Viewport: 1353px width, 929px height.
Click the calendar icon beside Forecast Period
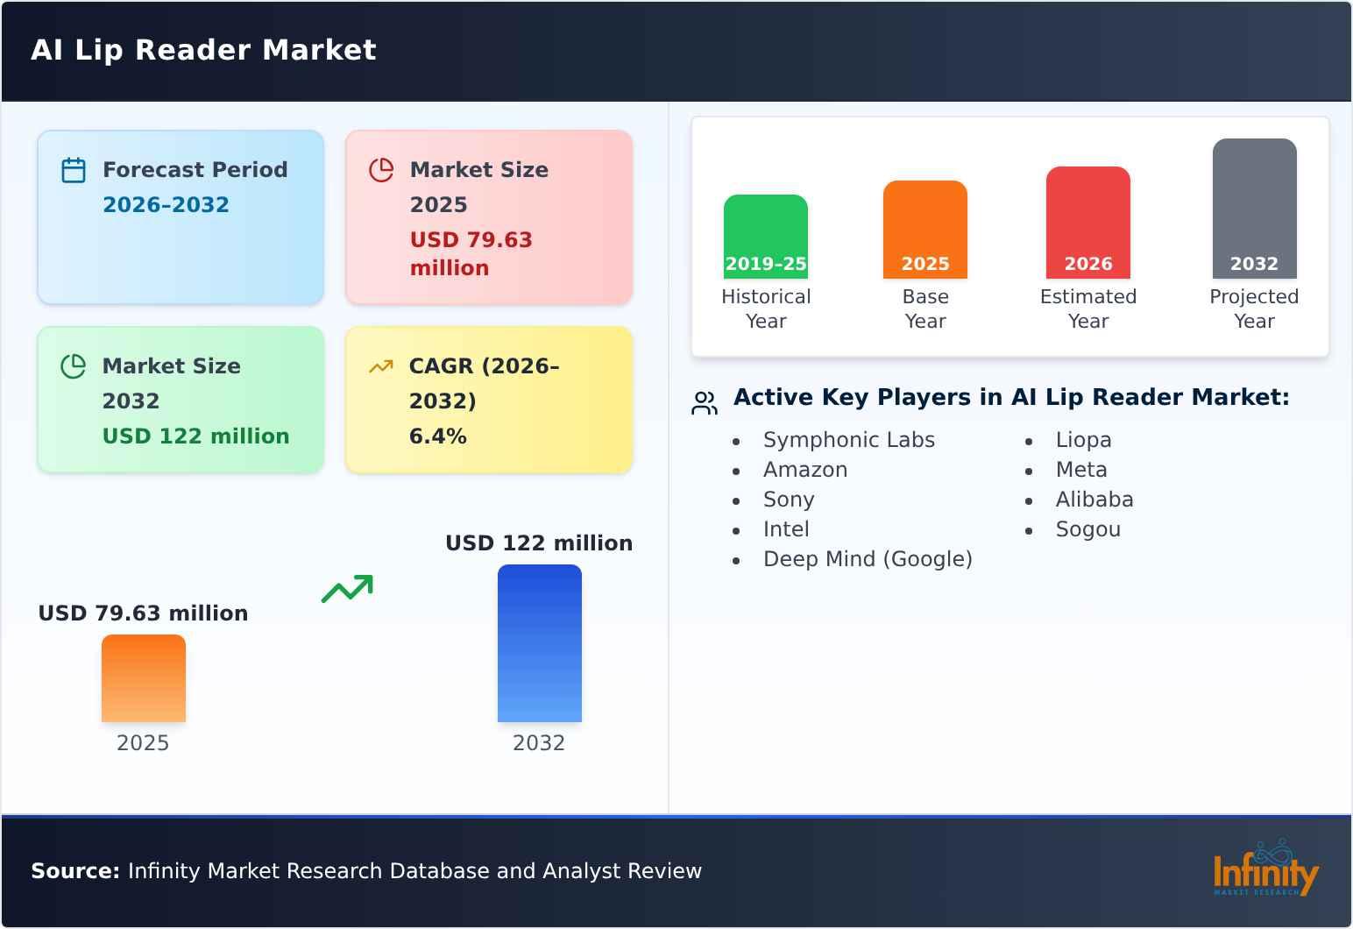tap(74, 170)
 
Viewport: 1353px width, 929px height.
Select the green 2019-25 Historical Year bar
tap(765, 237)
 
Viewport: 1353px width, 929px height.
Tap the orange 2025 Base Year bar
tap(924, 230)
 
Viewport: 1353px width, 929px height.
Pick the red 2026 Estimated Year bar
tap(1087, 223)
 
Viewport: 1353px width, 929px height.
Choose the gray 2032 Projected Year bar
tap(1254, 209)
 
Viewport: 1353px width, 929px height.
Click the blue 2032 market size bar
tap(539, 643)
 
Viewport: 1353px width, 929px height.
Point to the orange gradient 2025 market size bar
tap(144, 678)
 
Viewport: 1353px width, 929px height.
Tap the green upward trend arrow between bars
tap(347, 589)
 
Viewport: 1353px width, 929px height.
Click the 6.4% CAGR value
tap(437, 436)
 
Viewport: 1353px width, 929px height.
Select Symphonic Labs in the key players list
tap(848, 440)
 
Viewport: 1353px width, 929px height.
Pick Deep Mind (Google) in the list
tap(868, 559)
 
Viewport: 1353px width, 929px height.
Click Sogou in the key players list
tap(1087, 529)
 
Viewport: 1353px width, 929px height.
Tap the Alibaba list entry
tap(1094, 500)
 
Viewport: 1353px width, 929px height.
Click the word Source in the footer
tap(74, 871)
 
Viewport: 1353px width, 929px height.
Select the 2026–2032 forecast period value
tap(166, 205)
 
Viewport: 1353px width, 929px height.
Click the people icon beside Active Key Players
tap(705, 403)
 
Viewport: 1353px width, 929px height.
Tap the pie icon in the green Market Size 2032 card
tap(74, 366)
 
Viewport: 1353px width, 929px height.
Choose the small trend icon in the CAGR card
tap(380, 366)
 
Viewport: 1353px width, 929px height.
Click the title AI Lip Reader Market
tap(203, 50)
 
